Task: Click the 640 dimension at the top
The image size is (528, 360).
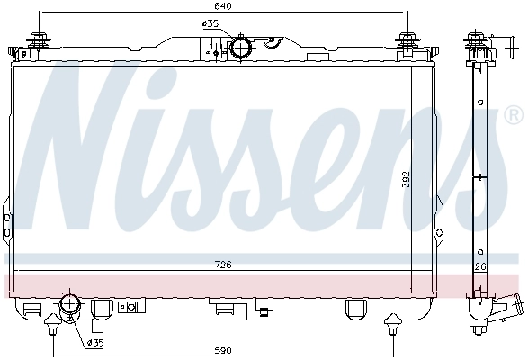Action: [222, 5]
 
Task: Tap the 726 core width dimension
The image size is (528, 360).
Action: [222, 265]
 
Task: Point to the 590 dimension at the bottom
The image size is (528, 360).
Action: [222, 350]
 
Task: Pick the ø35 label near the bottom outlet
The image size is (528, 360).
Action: [95, 342]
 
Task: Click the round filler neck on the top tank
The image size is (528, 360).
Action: [242, 47]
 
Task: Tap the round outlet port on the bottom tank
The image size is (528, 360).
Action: [68, 306]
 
